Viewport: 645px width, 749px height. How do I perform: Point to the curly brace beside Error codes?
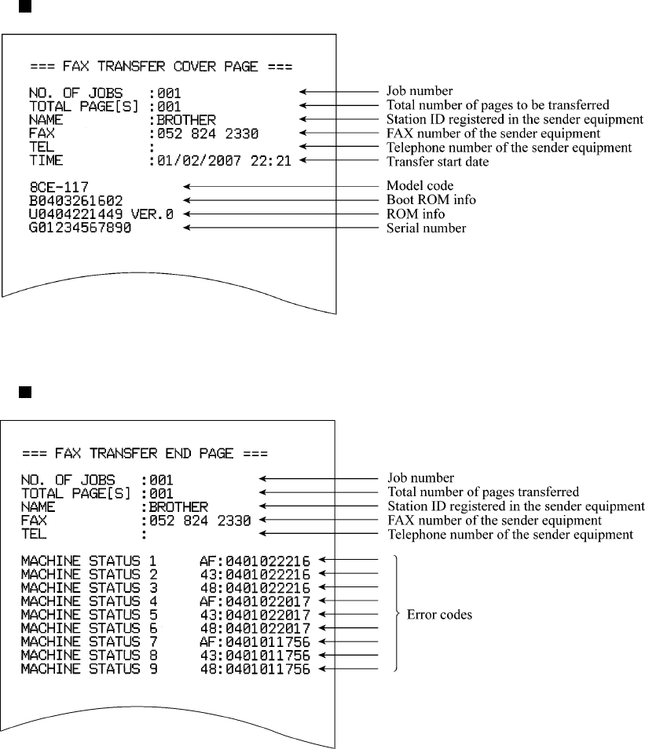pos(396,615)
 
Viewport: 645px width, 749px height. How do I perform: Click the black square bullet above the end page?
pos(24,391)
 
